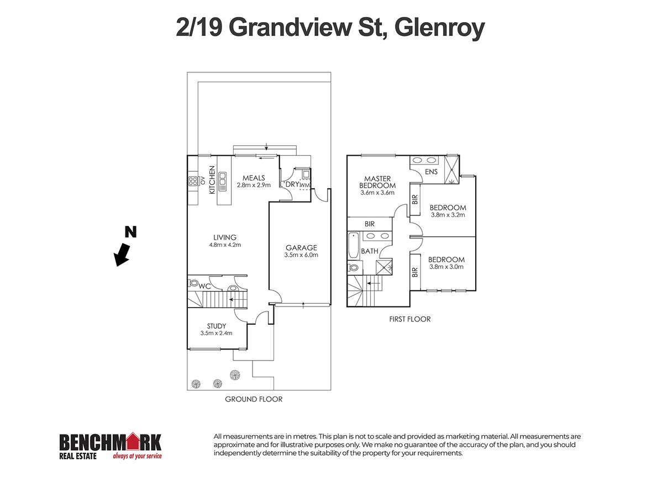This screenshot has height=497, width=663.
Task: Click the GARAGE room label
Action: coord(301,247)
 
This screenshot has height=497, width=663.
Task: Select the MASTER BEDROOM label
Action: coord(377,182)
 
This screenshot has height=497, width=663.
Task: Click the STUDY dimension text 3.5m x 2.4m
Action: coord(216,333)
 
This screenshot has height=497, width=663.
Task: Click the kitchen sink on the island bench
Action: coord(223,179)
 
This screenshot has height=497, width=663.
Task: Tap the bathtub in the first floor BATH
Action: coord(352,246)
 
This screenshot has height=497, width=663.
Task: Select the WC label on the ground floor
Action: coord(204,286)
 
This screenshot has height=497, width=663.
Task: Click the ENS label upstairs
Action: coord(432,172)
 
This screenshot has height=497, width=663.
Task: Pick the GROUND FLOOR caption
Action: coord(254,399)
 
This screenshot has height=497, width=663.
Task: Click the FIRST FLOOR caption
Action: coord(409,319)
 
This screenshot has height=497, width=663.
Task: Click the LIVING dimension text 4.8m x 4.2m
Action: coord(223,245)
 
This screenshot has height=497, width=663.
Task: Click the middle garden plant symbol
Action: coord(217,382)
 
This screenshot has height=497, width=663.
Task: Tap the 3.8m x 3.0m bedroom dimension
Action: coord(446,267)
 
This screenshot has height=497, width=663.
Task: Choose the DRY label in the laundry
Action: coord(291,184)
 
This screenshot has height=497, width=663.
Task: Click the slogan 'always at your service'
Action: coord(137,456)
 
